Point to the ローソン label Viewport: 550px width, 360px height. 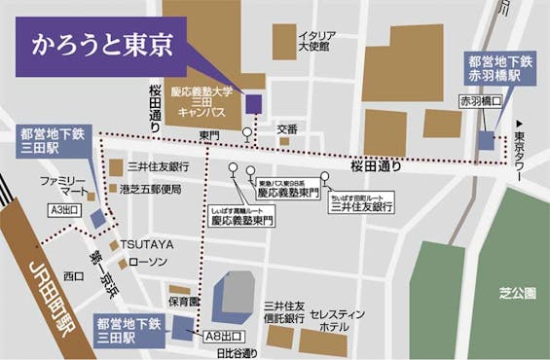(x=148, y=262)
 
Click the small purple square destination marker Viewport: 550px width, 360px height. (x=253, y=103)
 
